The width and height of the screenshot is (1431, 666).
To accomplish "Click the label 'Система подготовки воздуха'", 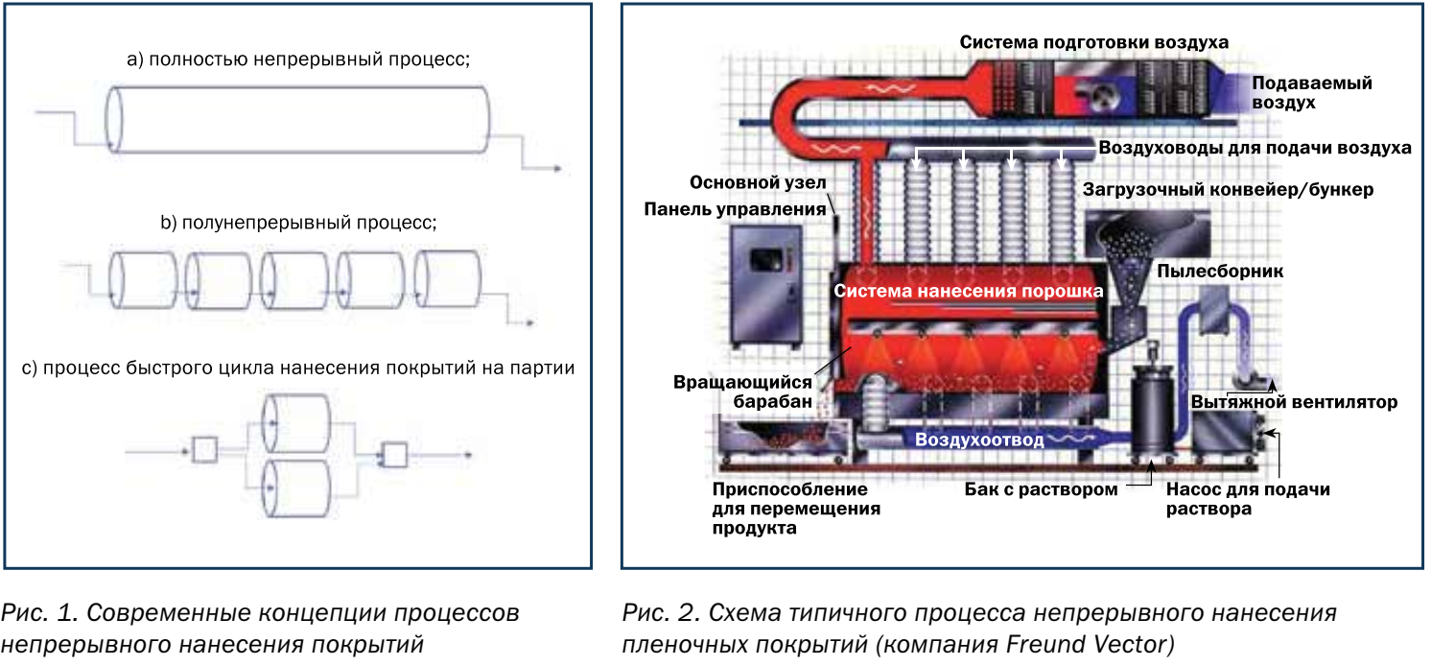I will click(1093, 42).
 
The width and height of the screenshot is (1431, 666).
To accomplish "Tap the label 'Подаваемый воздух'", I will click(1311, 92).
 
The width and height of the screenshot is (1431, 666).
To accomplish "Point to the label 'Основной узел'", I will click(757, 182).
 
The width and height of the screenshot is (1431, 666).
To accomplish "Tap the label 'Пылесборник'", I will click(1220, 272).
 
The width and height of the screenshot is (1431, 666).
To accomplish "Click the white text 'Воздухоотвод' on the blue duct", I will click(978, 440).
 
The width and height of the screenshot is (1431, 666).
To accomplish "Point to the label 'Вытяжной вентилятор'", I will click(1294, 402).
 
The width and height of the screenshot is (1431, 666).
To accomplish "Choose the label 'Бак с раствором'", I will click(1041, 489).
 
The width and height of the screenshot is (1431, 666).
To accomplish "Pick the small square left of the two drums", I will click(204, 448).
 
